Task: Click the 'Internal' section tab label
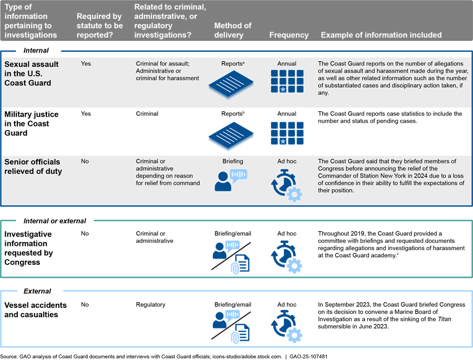tap(36, 50)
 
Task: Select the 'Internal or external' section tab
tap(55, 221)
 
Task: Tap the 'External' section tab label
tap(37, 291)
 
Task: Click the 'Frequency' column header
tap(289, 35)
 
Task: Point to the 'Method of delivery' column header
tap(233, 30)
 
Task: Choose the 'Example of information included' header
tap(381, 35)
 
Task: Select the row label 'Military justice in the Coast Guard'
tap(32, 124)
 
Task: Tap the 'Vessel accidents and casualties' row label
tap(35, 310)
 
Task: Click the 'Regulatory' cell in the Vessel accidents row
tap(150, 304)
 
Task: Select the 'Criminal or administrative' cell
tap(155, 237)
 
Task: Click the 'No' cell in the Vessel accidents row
tap(85, 304)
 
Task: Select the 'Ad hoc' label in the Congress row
tap(286, 233)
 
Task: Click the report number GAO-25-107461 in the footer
tap(307, 356)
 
